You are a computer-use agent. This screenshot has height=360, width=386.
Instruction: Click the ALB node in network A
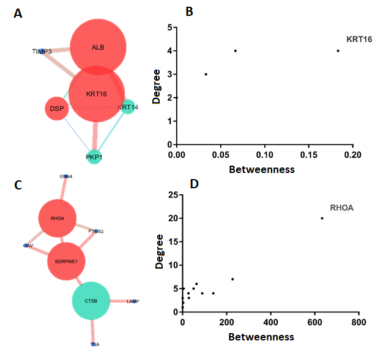point(98,48)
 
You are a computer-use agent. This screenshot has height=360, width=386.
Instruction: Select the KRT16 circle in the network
point(97,94)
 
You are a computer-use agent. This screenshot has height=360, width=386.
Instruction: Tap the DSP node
point(57,109)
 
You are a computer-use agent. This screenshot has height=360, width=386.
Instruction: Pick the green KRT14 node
point(127,108)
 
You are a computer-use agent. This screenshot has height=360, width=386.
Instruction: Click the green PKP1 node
point(94,157)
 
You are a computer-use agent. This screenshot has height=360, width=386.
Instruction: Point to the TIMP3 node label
point(42,52)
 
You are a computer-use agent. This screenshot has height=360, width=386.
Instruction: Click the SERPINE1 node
point(67,261)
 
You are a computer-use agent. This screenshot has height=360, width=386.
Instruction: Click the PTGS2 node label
point(96,232)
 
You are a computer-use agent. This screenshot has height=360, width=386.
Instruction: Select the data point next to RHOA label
point(322,218)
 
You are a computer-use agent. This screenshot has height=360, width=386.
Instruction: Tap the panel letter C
point(18,185)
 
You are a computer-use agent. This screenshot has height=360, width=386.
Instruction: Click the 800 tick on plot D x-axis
point(358,321)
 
